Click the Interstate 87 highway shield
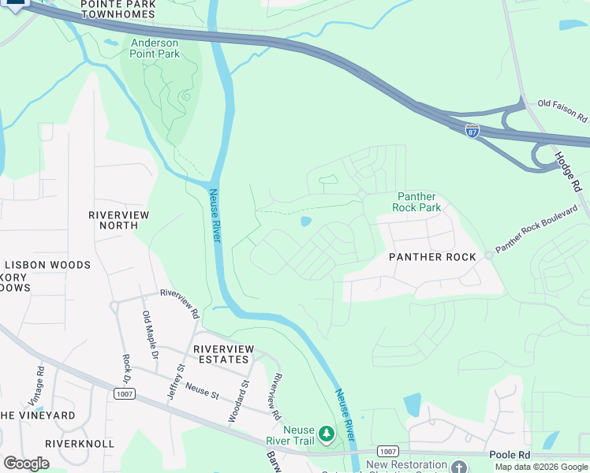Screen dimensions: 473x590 [x=472, y=130]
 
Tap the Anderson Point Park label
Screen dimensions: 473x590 [x=155, y=48]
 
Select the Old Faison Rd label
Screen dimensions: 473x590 [x=562, y=110]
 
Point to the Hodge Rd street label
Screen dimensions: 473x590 [x=567, y=173]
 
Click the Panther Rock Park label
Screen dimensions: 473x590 [x=416, y=202]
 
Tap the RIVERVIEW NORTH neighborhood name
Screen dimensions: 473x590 [x=113, y=220]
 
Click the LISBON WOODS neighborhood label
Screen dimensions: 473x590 [x=47, y=265]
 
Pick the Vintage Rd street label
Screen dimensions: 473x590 [x=40, y=381]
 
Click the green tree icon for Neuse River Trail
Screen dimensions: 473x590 [x=326, y=434]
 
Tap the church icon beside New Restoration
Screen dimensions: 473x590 [x=460, y=466]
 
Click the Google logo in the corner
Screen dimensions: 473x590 [x=26, y=463]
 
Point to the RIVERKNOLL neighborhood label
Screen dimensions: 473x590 [x=79, y=444]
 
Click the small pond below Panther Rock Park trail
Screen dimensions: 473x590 [x=306, y=222]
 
